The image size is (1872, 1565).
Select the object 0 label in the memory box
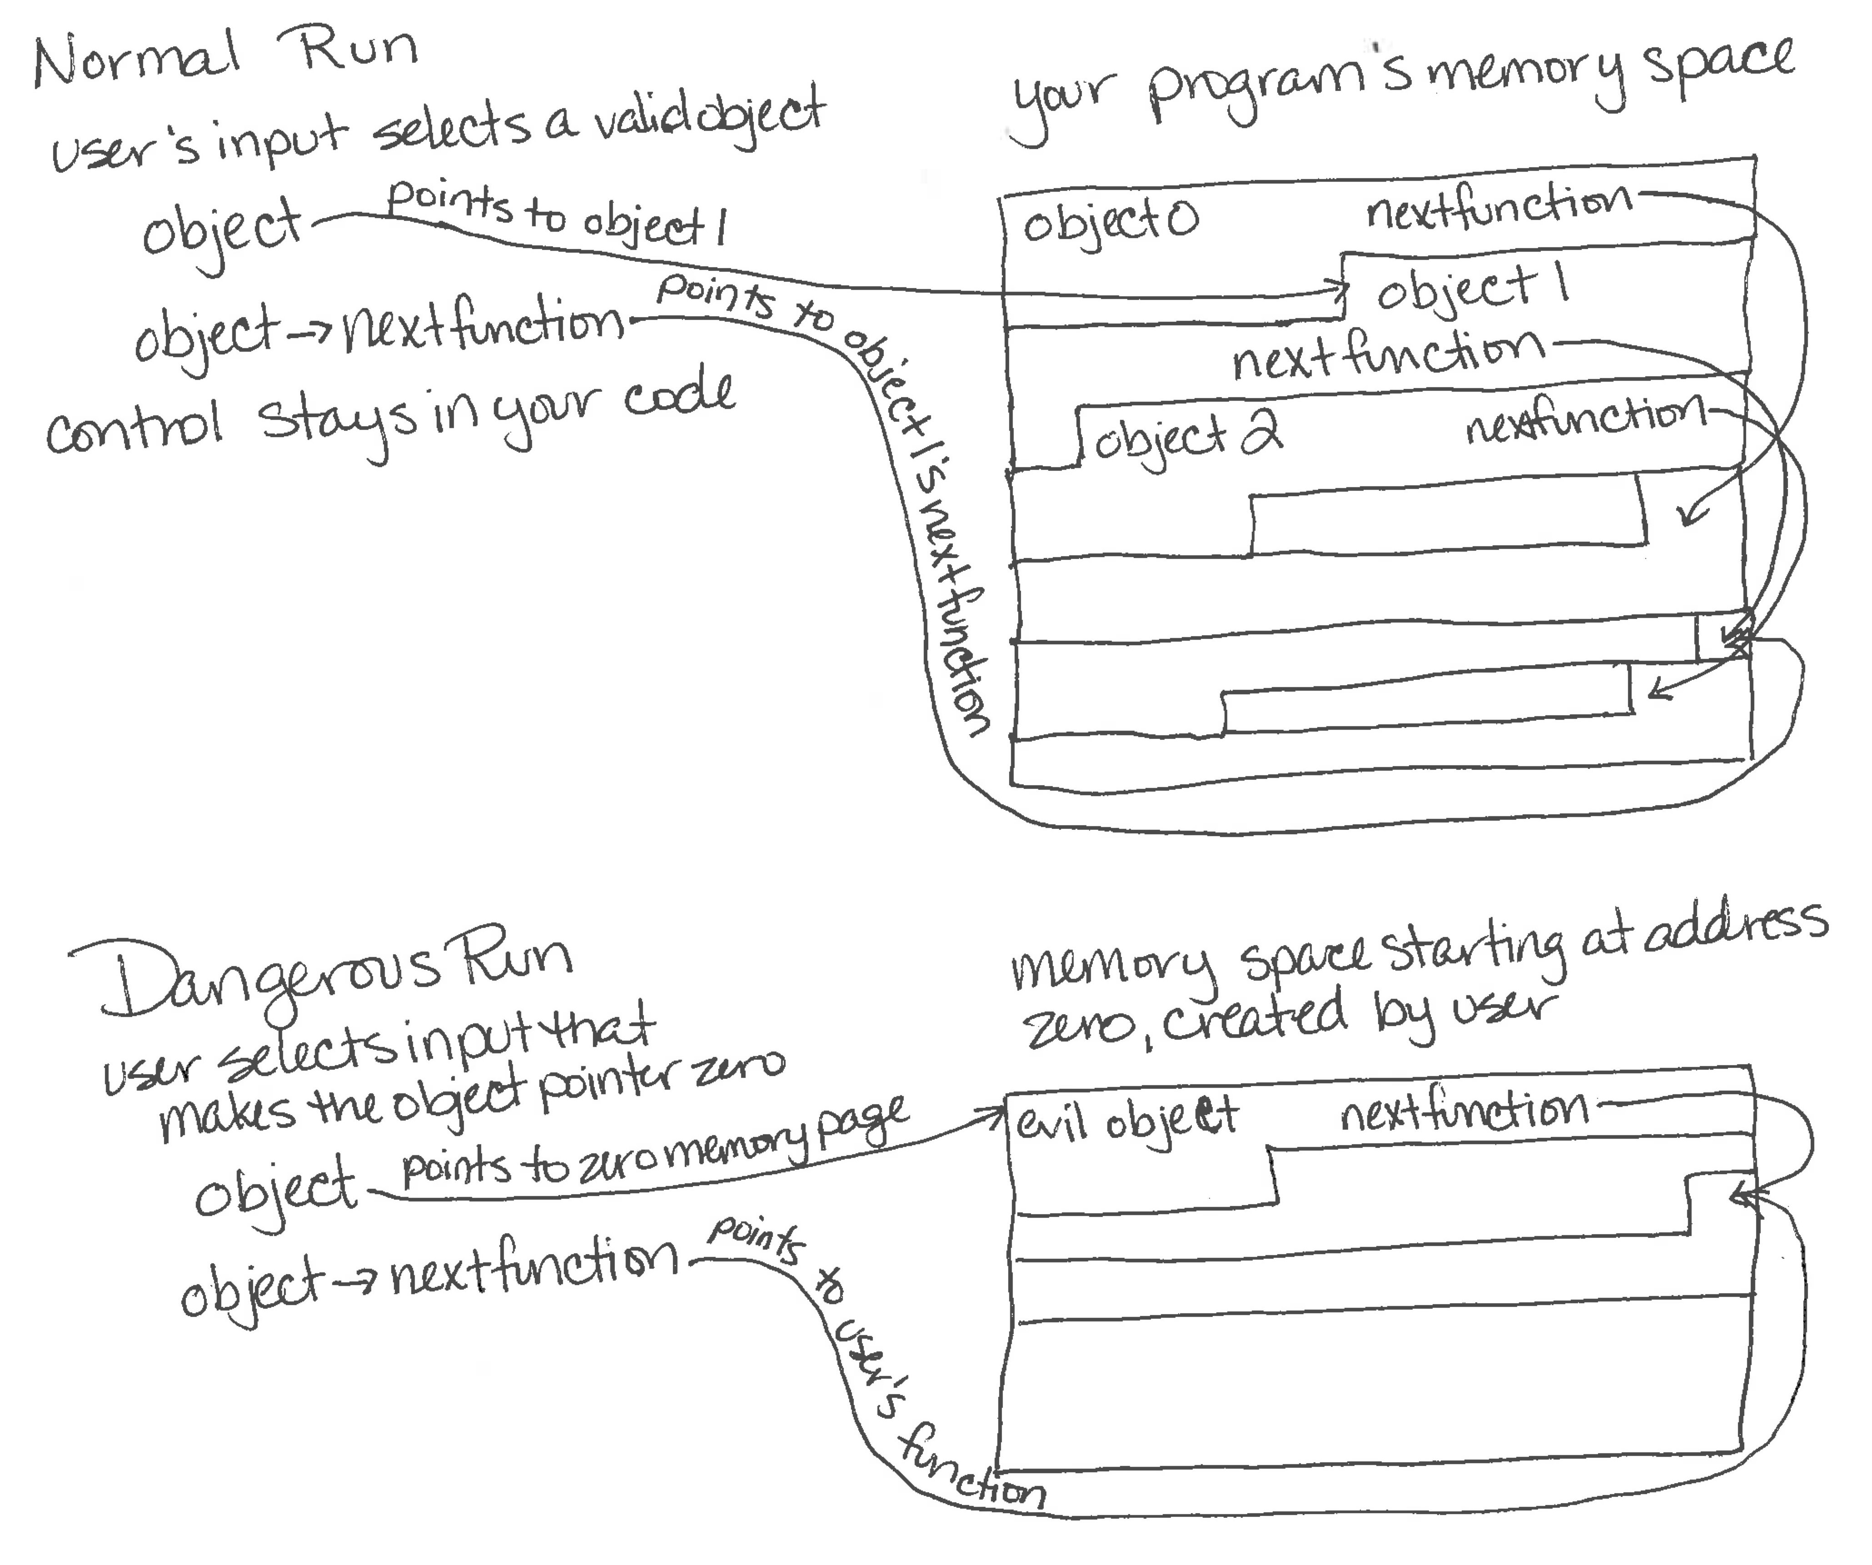tap(1110, 221)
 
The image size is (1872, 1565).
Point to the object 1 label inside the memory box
tap(1471, 290)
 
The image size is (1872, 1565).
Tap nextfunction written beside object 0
tap(1498, 207)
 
